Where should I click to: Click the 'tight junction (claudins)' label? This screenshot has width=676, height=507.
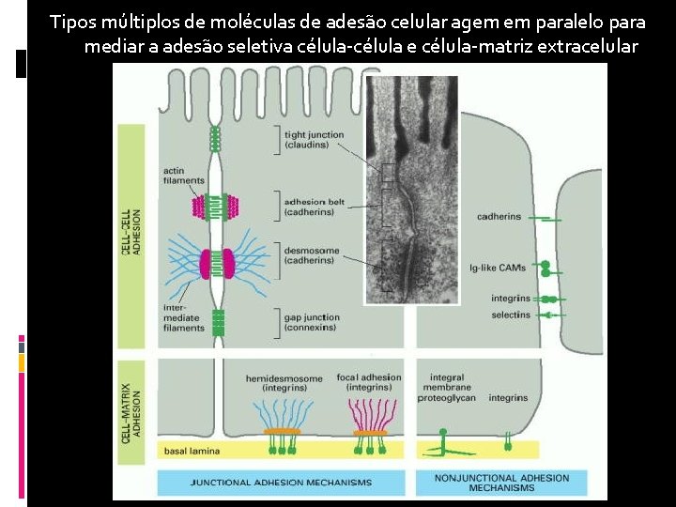[x=313, y=141]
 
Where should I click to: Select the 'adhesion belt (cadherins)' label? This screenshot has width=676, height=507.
[x=313, y=206]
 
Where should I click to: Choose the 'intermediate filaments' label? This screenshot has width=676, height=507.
[x=182, y=316]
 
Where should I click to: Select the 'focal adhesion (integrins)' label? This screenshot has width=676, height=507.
[x=369, y=383]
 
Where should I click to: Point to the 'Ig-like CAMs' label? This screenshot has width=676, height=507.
[x=498, y=268]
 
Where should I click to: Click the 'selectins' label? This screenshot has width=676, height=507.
[x=510, y=315]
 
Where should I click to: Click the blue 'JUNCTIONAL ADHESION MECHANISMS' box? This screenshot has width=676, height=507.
[x=281, y=483]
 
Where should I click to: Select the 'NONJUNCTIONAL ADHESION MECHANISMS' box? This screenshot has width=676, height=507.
[x=501, y=483]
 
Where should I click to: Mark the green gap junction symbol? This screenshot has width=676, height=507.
[x=219, y=323]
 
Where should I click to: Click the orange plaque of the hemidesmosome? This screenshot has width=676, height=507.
[x=281, y=432]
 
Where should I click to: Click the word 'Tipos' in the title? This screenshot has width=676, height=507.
[x=70, y=22]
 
